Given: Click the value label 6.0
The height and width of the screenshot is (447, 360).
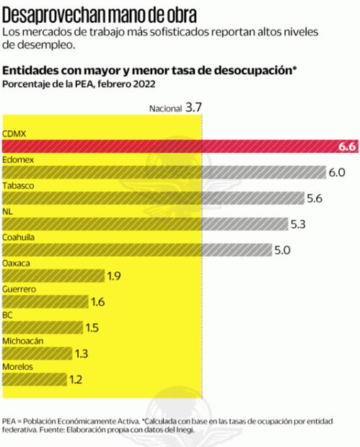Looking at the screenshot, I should (338, 172).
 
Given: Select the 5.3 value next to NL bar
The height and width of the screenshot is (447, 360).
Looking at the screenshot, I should (299, 224).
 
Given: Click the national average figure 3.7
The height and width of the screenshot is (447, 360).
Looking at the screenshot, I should (194, 107).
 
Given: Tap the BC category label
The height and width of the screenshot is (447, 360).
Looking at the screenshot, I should (8, 314).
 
